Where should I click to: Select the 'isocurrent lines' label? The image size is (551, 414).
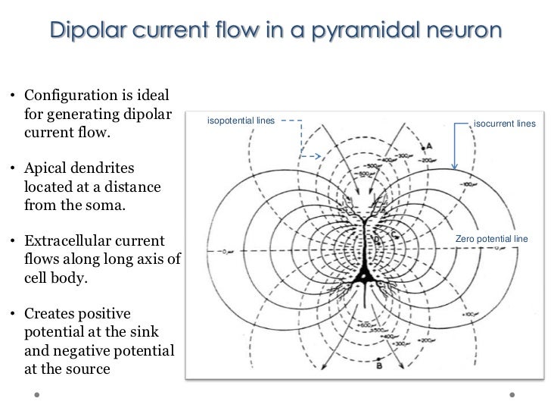point(504,124)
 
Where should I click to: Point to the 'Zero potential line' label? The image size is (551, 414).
point(490,240)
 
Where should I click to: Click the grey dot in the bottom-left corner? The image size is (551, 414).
point(36,394)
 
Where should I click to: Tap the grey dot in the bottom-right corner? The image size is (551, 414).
point(514,394)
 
